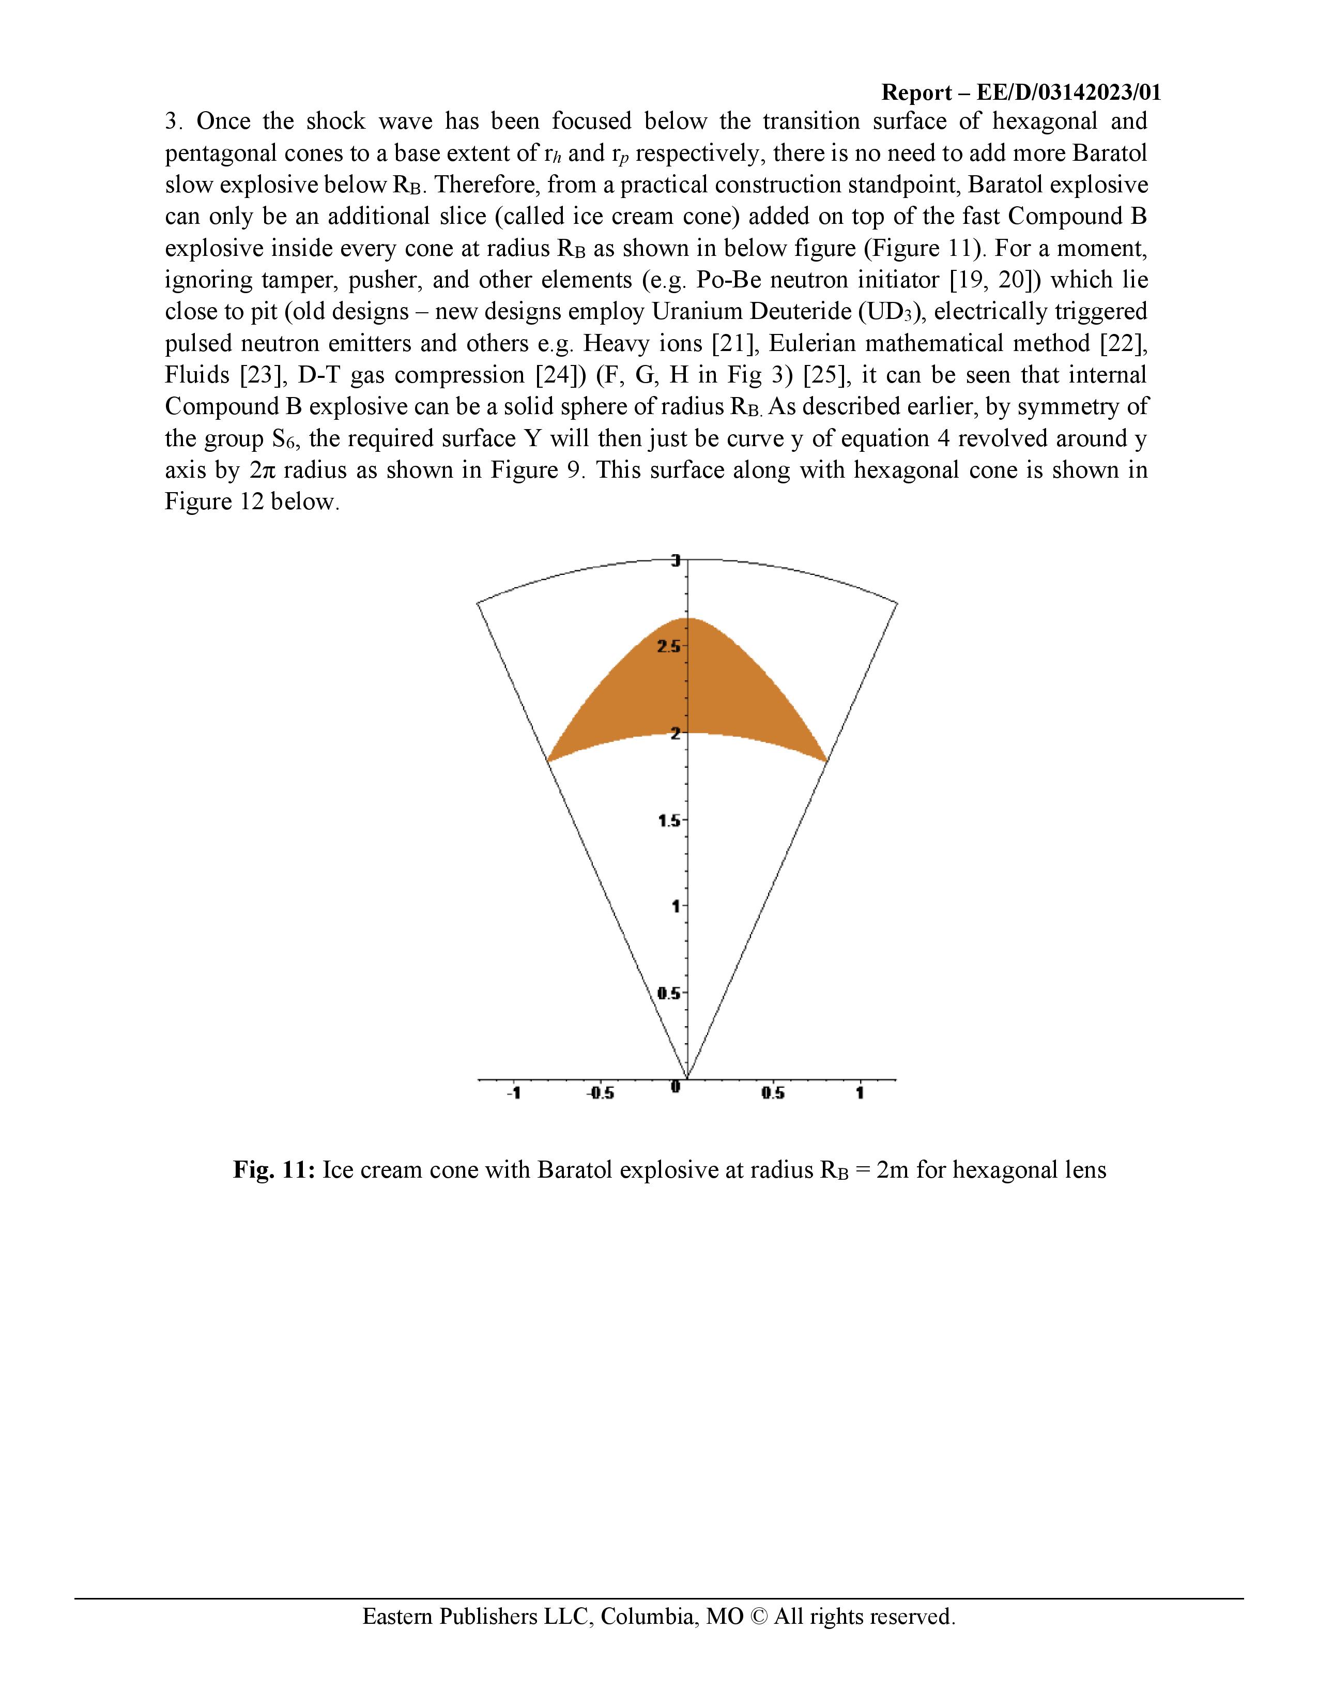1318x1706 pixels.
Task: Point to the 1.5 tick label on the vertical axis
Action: (x=670, y=821)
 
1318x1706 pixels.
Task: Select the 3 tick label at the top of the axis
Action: (x=677, y=560)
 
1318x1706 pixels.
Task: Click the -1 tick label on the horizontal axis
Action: (x=513, y=1093)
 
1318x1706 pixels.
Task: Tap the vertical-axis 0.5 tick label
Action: (x=670, y=994)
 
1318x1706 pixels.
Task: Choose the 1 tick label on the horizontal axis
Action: (x=860, y=1093)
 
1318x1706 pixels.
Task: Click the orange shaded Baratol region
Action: (x=687, y=688)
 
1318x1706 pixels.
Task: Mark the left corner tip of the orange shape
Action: (x=548, y=760)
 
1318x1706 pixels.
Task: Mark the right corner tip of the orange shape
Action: (x=827, y=760)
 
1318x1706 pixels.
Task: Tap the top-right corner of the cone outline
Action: (x=897, y=602)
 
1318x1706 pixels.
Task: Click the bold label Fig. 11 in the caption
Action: (x=273, y=1170)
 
